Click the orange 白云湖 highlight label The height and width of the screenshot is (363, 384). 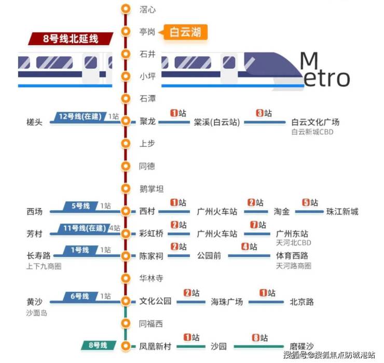(185, 32)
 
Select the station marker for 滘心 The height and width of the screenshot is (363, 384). (125, 9)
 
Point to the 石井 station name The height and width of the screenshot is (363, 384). (147, 54)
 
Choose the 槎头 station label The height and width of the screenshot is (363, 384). (34, 122)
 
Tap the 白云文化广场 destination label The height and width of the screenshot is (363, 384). (315, 122)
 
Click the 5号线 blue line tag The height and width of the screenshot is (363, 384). (80, 206)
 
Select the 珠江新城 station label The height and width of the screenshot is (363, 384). (342, 212)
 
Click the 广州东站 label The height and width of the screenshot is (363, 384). (292, 234)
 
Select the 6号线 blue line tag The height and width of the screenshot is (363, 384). (80, 296)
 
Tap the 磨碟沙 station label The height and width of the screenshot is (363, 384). (301, 346)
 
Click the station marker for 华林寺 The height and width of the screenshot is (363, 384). (125, 278)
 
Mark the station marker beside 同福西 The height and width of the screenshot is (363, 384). (125, 323)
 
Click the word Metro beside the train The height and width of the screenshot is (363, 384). (325, 70)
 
